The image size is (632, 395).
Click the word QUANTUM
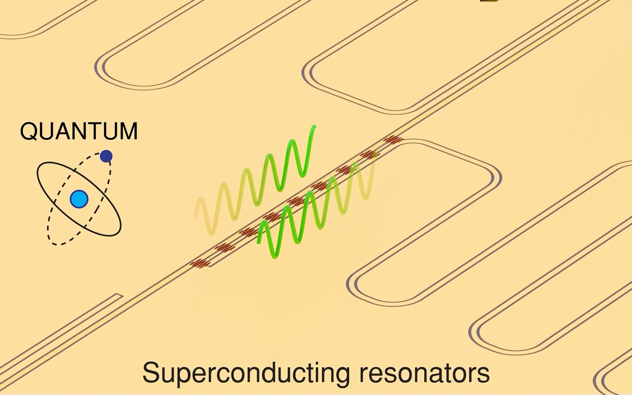(x=79, y=131)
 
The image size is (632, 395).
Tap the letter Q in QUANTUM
(x=28, y=131)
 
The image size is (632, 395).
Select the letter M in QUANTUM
(x=128, y=131)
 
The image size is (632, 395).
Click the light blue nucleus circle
(x=79, y=199)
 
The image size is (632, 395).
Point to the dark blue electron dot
(x=106, y=157)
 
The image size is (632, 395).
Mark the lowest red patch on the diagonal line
(x=200, y=264)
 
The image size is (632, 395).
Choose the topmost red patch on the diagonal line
(x=394, y=140)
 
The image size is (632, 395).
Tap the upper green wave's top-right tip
(x=314, y=127)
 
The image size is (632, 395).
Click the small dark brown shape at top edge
(x=486, y=1)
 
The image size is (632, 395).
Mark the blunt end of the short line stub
(x=120, y=296)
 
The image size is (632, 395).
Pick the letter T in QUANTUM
(x=94, y=131)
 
